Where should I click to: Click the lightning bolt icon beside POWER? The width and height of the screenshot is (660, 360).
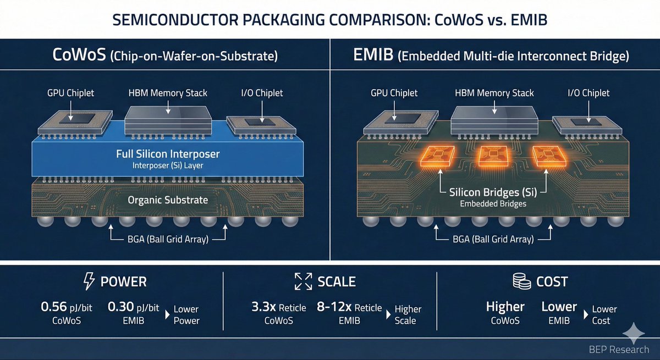click(89, 281)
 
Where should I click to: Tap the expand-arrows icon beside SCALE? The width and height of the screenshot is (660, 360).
click(303, 281)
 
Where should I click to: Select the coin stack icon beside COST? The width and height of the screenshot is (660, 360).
click(521, 281)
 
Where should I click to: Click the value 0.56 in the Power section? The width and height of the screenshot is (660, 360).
click(54, 307)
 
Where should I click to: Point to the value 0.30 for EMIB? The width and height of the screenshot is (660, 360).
click(121, 307)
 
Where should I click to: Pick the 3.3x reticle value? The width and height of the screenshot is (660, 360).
click(263, 307)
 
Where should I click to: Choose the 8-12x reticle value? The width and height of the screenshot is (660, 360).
click(334, 307)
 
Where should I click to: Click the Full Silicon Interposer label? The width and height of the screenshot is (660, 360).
click(168, 154)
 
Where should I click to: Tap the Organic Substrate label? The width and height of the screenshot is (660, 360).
click(168, 200)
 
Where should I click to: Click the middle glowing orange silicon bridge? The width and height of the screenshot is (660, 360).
click(493, 156)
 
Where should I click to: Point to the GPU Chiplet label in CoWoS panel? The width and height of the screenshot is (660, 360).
click(71, 93)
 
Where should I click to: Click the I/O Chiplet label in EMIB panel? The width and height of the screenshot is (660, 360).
click(588, 93)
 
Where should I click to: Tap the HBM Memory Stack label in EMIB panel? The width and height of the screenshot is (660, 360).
click(494, 93)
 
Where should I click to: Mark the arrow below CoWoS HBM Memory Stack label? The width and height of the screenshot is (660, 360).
click(168, 107)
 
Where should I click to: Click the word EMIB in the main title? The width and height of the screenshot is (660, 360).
click(529, 20)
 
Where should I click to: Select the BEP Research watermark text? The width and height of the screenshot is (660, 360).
click(619, 350)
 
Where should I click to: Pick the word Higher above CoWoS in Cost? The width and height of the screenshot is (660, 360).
click(505, 307)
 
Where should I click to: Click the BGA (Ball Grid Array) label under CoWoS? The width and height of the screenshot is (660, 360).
click(168, 239)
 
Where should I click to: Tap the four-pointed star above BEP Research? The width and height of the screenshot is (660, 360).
click(634, 333)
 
